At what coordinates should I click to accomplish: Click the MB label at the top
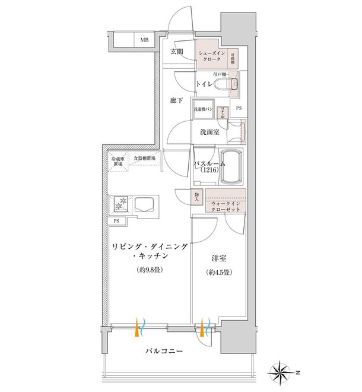pyautogui.click(x=144, y=40)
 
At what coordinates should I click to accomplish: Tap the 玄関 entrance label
pyautogui.click(x=177, y=52)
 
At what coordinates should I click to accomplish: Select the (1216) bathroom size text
pyautogui.click(x=209, y=170)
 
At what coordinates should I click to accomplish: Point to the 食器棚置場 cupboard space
pyautogui.click(x=144, y=159)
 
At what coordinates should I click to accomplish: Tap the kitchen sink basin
pyautogui.click(x=145, y=206)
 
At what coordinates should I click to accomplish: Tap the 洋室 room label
pyautogui.click(x=217, y=260)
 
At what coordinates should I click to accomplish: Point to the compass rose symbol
pyautogui.click(x=280, y=372)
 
